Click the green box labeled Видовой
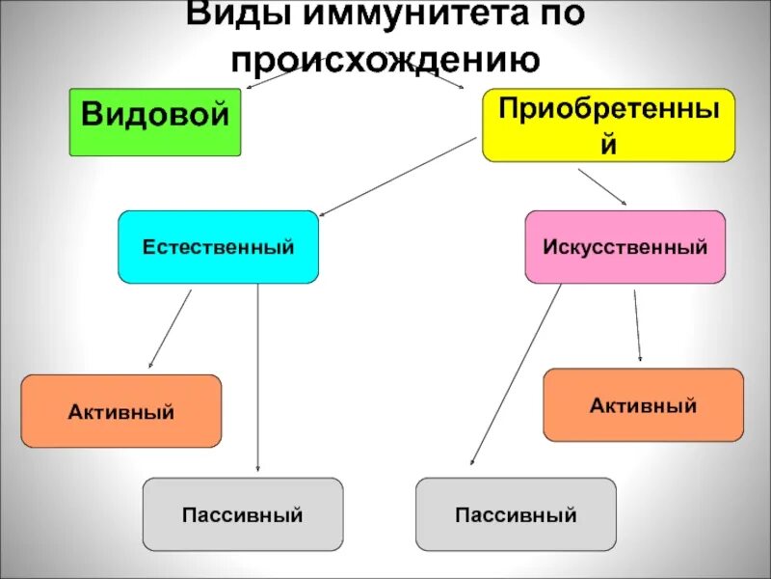154,122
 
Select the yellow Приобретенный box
608,125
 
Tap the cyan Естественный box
218,247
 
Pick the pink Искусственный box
625,247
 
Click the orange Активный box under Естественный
121,411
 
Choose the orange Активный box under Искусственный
644,404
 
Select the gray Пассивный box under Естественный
243,513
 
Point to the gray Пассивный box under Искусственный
516,513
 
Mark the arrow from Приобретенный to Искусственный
602,186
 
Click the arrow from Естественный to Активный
171,329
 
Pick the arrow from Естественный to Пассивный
257,376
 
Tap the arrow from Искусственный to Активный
636,326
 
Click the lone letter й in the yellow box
608,145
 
